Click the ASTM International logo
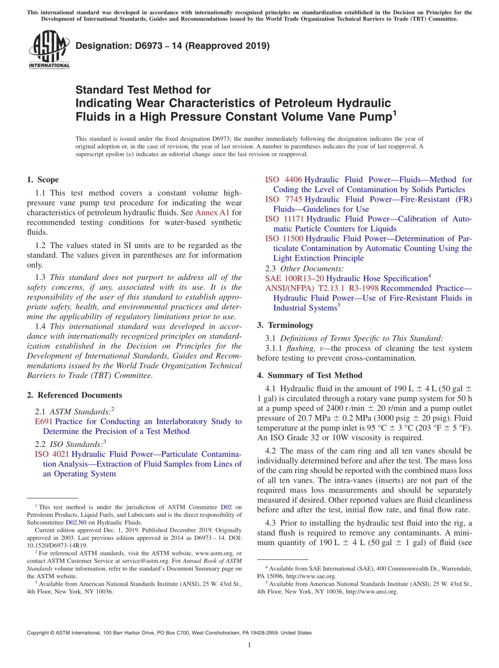[49, 50]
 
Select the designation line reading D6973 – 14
[172, 46]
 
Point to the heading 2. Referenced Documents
[74, 395]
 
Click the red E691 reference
[44, 421]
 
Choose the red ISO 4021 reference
[52, 454]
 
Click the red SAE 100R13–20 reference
[295, 278]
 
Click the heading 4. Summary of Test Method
[309, 375]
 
